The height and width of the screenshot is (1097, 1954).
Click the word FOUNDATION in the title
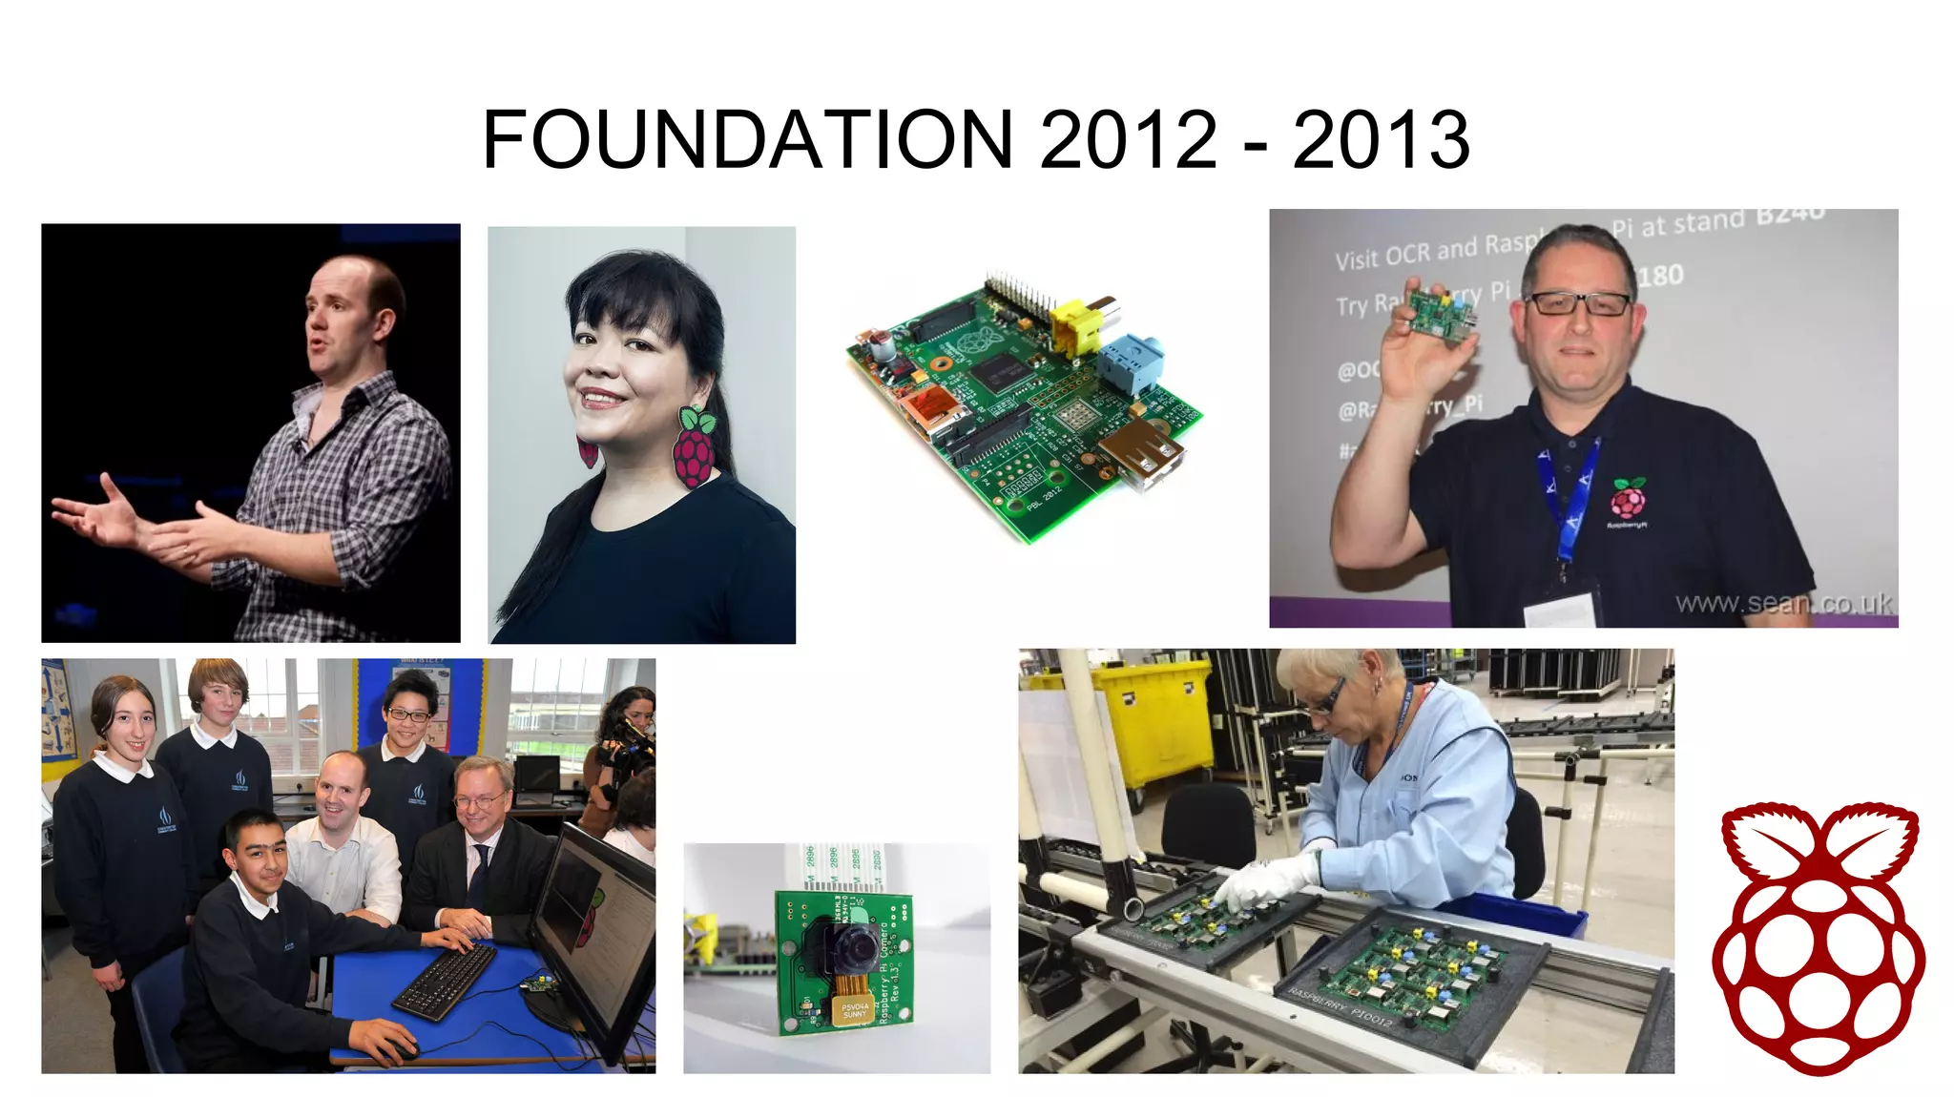(747, 139)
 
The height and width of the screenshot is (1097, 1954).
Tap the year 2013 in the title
(1381, 139)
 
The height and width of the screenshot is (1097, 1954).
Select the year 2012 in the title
(1129, 139)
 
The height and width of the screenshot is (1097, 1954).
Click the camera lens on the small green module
(852, 944)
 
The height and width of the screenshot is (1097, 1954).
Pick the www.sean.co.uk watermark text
(1783, 603)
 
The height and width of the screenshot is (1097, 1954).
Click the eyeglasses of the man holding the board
(1579, 303)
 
